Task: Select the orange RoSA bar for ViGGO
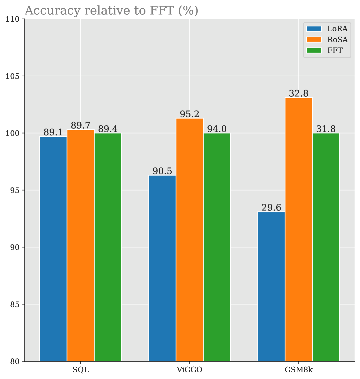[x=190, y=239]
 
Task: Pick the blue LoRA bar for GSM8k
[x=271, y=286]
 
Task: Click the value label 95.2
[x=190, y=114]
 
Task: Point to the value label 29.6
[x=271, y=208]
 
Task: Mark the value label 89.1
[x=53, y=133]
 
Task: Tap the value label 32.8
[x=299, y=94]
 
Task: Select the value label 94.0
[x=217, y=129]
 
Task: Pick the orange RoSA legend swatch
[x=314, y=40]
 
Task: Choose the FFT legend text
[x=335, y=51]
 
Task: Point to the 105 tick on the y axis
[x=14, y=76]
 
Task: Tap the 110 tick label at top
[x=14, y=19]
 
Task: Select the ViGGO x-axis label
[x=190, y=370]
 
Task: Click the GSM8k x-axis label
[x=299, y=370]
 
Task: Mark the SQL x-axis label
[x=81, y=370]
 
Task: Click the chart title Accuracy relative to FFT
[x=111, y=11]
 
